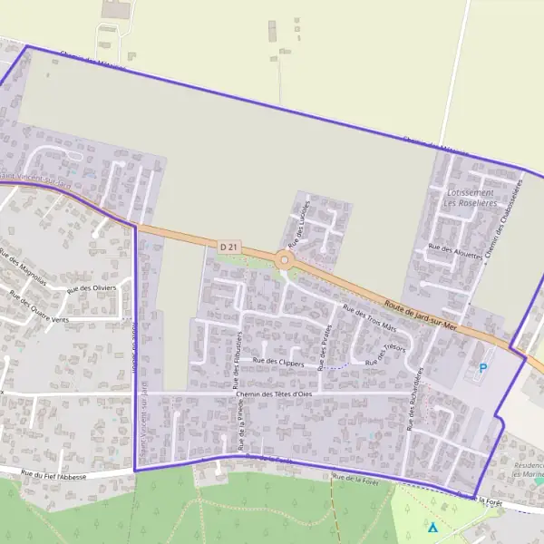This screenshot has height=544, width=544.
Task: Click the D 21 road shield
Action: [x=228, y=246]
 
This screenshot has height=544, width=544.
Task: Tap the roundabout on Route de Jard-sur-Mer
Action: [x=285, y=261]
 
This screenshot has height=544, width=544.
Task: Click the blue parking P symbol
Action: [x=482, y=368]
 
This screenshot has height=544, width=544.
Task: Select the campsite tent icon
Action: [x=432, y=527]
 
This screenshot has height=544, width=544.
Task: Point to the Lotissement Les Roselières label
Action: [x=470, y=198]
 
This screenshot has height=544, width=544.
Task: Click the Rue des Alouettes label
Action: [x=456, y=251]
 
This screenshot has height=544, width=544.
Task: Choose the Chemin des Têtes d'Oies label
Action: [x=273, y=393]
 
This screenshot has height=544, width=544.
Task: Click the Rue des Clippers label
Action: [x=278, y=361]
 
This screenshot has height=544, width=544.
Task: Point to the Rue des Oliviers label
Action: [x=92, y=287]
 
